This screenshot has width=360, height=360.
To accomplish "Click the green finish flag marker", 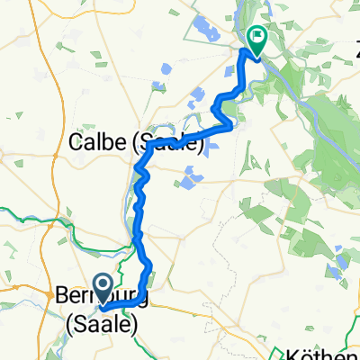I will click(x=256, y=40).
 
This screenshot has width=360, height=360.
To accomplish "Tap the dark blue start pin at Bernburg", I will click(x=103, y=289).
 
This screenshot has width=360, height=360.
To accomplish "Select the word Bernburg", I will click(x=99, y=296).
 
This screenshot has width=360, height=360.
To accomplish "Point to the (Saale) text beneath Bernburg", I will click(x=102, y=323).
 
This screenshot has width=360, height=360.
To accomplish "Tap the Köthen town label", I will click(x=329, y=352).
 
